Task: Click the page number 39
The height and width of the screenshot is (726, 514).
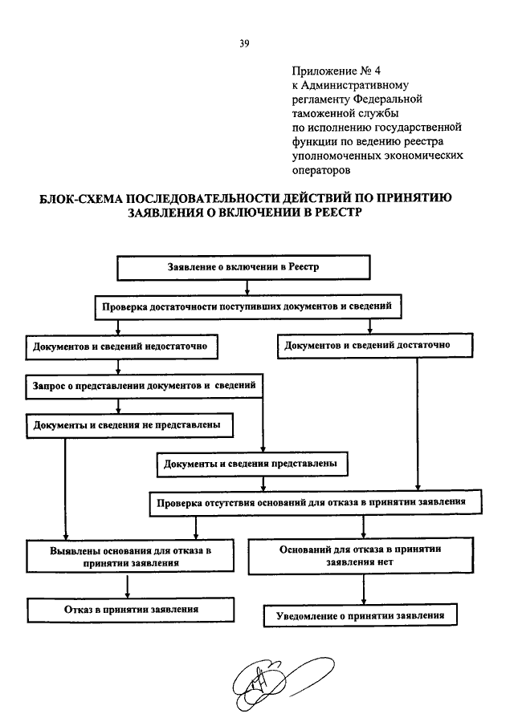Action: [x=244, y=44]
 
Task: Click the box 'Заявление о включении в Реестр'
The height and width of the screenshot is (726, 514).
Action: [x=243, y=268]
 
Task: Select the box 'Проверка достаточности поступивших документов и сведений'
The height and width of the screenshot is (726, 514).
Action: [x=248, y=306]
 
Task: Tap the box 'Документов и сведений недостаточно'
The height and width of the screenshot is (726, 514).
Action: [x=122, y=347]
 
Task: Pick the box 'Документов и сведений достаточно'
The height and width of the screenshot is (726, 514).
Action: [x=375, y=346]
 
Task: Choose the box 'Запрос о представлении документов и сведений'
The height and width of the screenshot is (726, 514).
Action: [x=144, y=386]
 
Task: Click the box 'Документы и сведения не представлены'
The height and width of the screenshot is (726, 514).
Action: [x=130, y=425]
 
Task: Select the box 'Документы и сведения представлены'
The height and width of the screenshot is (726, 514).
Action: [x=252, y=464]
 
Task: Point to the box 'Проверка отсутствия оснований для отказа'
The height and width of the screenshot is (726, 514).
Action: [x=315, y=503]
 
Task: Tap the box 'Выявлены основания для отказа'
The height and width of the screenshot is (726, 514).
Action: [x=130, y=557]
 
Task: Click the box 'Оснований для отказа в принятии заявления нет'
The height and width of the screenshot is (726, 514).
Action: [x=361, y=556]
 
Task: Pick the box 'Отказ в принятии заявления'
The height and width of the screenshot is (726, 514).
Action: [x=131, y=610]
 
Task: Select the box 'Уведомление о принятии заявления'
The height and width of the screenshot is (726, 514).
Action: [x=361, y=615]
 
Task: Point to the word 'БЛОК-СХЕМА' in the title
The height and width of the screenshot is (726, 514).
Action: [x=80, y=198]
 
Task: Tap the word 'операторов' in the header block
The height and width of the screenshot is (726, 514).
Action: [x=321, y=170]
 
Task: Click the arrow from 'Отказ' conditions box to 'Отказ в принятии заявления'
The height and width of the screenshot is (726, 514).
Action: [x=128, y=586]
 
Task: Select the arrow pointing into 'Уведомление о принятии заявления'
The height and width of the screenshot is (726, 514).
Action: [x=363, y=590]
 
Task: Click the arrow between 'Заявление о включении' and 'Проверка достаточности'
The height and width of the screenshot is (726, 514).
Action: [x=247, y=287]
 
